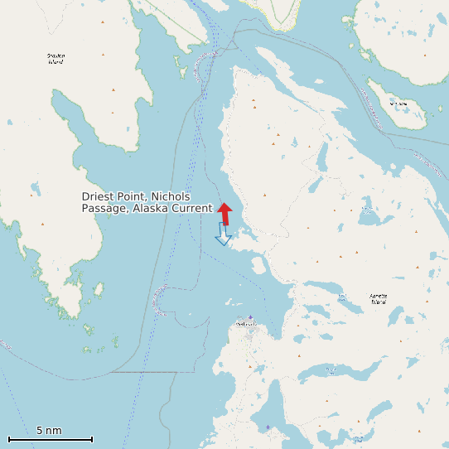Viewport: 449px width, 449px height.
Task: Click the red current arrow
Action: pyautogui.click(x=224, y=213)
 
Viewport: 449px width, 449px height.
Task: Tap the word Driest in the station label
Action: pyautogui.click(x=98, y=196)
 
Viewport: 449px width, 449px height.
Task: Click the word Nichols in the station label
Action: pyautogui.click(x=171, y=196)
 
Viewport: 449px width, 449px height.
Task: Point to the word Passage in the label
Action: pyautogui.click(x=103, y=208)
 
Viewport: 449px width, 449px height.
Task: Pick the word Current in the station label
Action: pyautogui.click(x=191, y=208)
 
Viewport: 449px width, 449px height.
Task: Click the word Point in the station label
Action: pyautogui.click(x=133, y=196)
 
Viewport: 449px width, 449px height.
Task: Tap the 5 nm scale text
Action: pyautogui.click(x=49, y=431)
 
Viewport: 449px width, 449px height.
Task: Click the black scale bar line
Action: pyautogui.click(x=50, y=439)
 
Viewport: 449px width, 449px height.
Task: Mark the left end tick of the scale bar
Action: pyautogui.click(x=9, y=439)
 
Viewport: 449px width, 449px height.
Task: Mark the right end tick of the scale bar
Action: pyautogui.click(x=92, y=439)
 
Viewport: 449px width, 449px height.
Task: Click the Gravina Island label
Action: pyautogui.click(x=56, y=58)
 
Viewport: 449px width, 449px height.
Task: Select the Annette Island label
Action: pyautogui.click(x=378, y=298)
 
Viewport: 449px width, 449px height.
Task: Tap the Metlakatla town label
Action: pyautogui.click(x=247, y=324)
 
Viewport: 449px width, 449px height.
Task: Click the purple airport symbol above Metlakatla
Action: pyautogui.click(x=250, y=316)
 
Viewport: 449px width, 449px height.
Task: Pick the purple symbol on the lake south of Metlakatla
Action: pyautogui.click(x=267, y=427)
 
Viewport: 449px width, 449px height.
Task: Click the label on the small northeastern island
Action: pyautogui.click(x=398, y=104)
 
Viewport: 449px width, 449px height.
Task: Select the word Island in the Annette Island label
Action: pyautogui.click(x=378, y=302)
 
